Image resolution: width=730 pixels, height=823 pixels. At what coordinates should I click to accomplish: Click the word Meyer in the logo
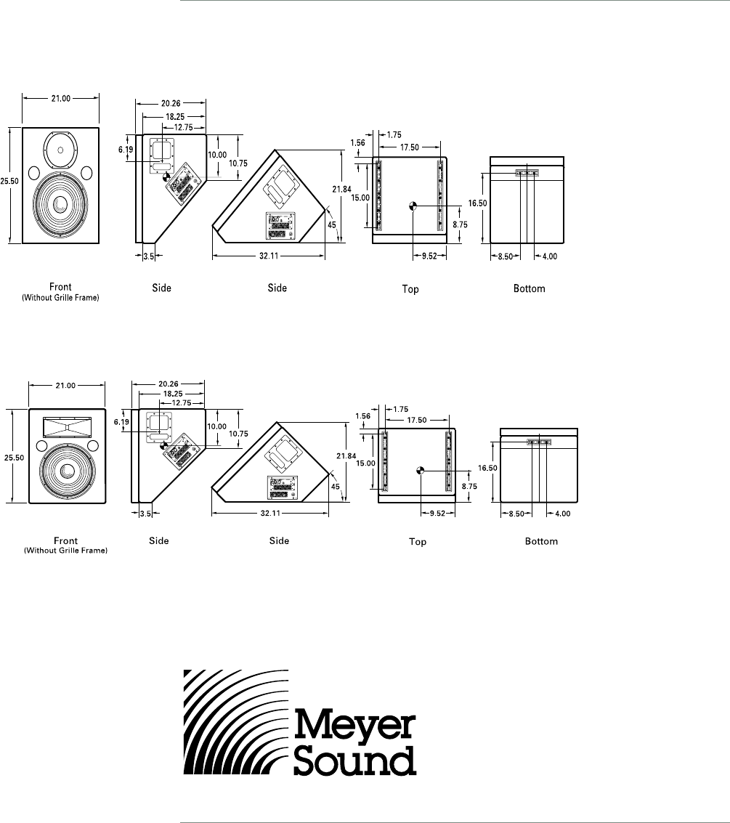coord(354,727)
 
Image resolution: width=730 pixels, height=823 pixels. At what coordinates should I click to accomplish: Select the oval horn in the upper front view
coord(61,149)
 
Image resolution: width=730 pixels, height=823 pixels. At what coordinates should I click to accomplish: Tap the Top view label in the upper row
coord(410,289)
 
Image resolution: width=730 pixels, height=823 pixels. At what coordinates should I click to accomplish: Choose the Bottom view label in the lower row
coord(542,541)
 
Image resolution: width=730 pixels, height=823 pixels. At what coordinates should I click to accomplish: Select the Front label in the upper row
coord(61,286)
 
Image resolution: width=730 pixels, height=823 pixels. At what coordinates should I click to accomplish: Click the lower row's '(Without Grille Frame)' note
coord(66,551)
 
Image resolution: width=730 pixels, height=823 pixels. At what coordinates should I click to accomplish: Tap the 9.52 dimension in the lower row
coord(438,512)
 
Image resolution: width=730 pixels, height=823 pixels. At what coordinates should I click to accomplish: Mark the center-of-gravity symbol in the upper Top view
coord(412,206)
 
